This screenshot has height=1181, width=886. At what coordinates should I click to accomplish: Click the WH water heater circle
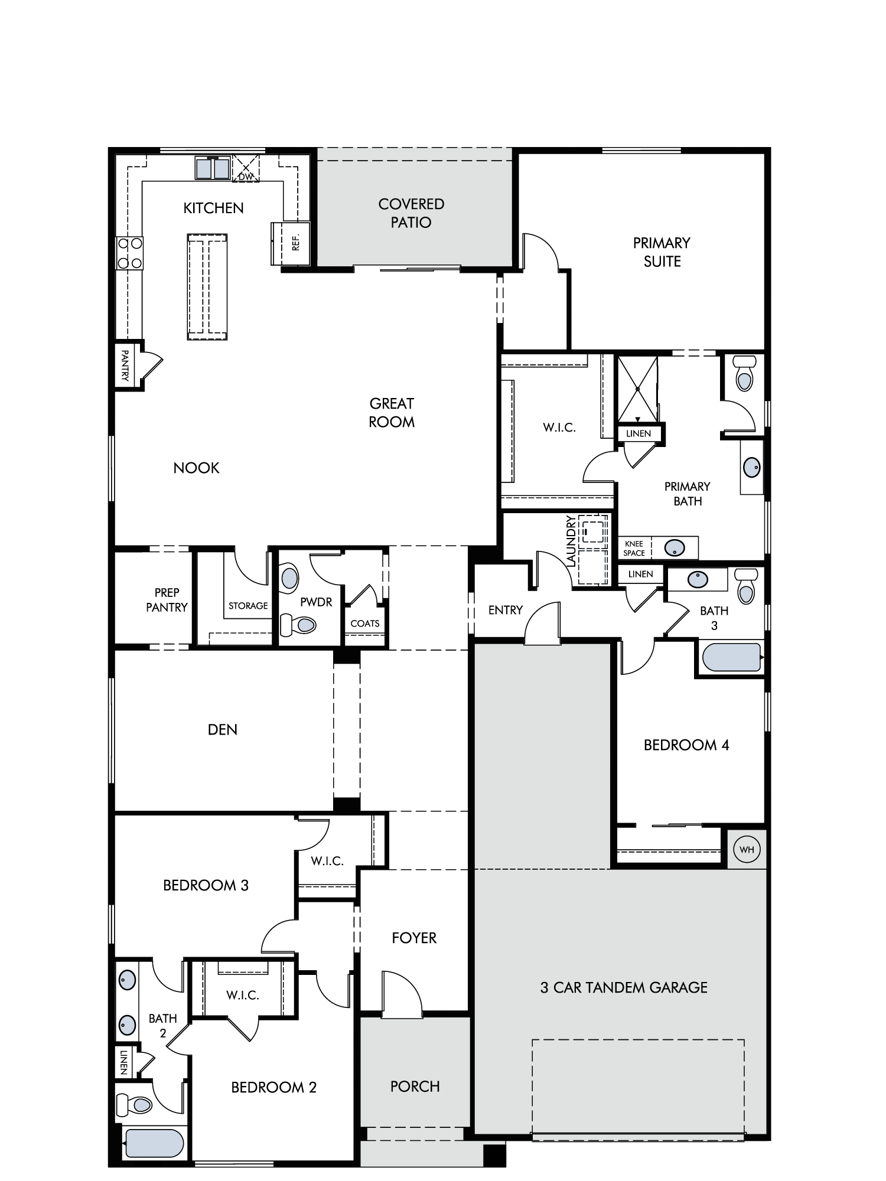[747, 850]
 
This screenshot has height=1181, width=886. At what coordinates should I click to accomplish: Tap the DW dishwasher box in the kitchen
[246, 169]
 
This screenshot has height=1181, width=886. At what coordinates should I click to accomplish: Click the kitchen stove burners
[130, 253]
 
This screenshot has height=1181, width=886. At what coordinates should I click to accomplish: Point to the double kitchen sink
[213, 168]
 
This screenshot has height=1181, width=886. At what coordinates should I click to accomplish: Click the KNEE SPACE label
[634, 549]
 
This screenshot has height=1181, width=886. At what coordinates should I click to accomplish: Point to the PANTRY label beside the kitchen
[125, 365]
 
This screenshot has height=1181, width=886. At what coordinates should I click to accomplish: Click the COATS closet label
[365, 624]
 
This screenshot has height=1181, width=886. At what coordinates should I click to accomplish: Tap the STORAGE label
[248, 606]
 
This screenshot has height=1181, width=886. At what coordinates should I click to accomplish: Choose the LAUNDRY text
[571, 541]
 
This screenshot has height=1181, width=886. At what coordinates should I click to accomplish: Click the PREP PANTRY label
[167, 600]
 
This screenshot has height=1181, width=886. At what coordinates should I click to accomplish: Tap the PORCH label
[415, 1087]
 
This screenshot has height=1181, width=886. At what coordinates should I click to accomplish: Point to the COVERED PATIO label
[412, 213]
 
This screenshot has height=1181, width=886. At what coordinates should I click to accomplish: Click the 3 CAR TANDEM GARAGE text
[624, 988]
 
